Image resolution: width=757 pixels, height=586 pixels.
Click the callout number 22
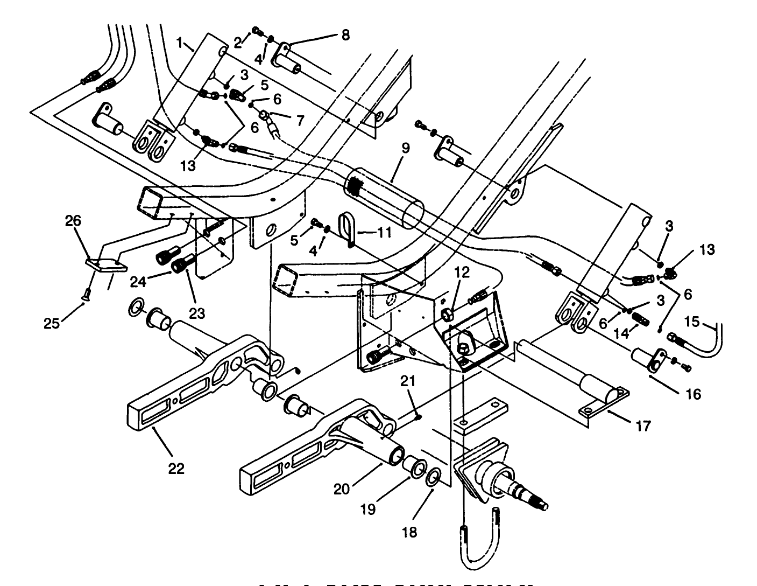[x=176, y=468]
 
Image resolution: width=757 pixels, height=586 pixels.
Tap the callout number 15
[x=692, y=322]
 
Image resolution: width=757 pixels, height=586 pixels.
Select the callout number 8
[x=345, y=36]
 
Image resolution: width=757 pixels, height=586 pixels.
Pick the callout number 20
[x=342, y=489]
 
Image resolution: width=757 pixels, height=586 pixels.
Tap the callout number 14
[x=621, y=333]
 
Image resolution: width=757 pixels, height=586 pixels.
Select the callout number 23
[x=197, y=313]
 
